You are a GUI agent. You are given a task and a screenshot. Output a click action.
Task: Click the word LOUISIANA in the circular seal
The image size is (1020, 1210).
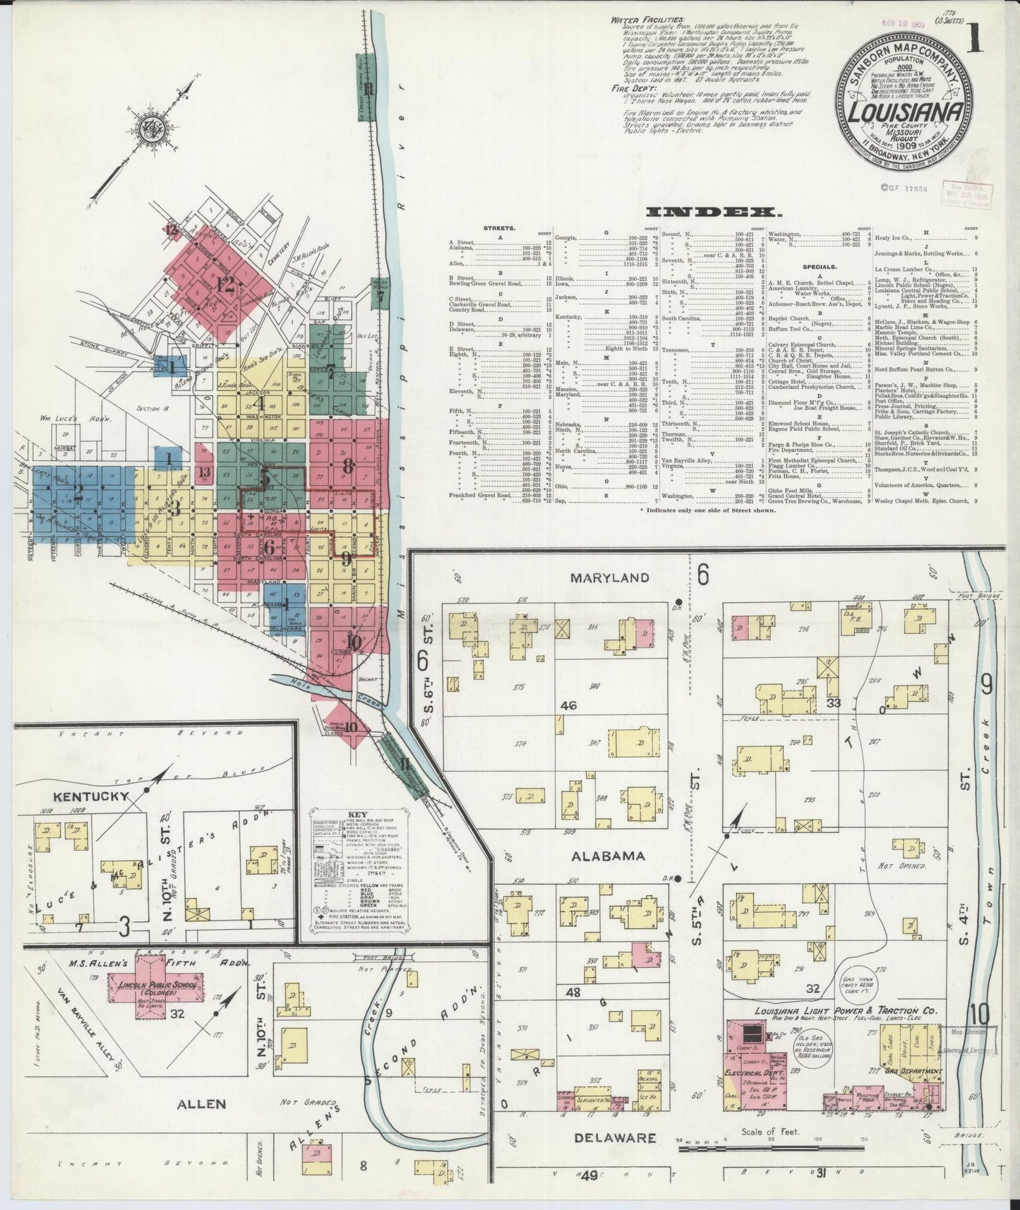point(906,112)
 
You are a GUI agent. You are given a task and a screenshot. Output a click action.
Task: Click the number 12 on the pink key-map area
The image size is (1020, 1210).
point(224,285)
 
